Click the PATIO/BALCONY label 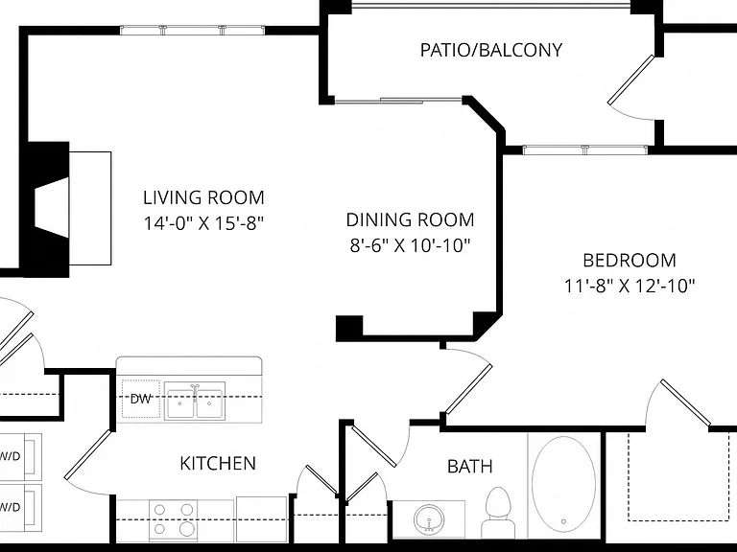click(490, 50)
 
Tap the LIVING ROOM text click(203, 197)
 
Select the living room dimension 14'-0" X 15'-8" click(203, 223)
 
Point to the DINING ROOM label click(410, 219)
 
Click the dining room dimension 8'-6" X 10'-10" click(410, 245)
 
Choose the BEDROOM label click(630, 260)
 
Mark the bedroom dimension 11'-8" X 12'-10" click(630, 286)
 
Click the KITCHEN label click(218, 463)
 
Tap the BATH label click(470, 466)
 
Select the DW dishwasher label click(140, 399)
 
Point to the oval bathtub click(563, 484)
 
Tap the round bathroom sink click(429, 519)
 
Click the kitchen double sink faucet click(195, 392)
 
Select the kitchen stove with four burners click(173, 519)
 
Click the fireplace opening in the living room click(52, 208)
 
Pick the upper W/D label click(10, 456)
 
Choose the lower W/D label click(10, 507)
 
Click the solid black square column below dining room click(349, 328)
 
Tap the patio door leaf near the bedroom click(630, 80)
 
